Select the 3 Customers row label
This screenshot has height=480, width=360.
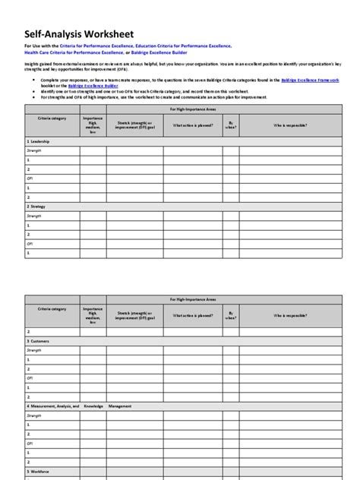pyautogui.click(x=40, y=342)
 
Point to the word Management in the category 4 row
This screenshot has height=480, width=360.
pyautogui.click(x=119, y=407)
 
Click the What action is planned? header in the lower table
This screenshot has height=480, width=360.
pyautogui.click(x=192, y=315)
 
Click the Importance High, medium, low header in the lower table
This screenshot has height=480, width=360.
pyautogui.click(x=93, y=315)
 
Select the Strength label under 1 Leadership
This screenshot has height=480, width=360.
pyautogui.click(x=36, y=151)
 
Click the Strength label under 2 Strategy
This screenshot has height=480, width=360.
pyautogui.click(x=36, y=216)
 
